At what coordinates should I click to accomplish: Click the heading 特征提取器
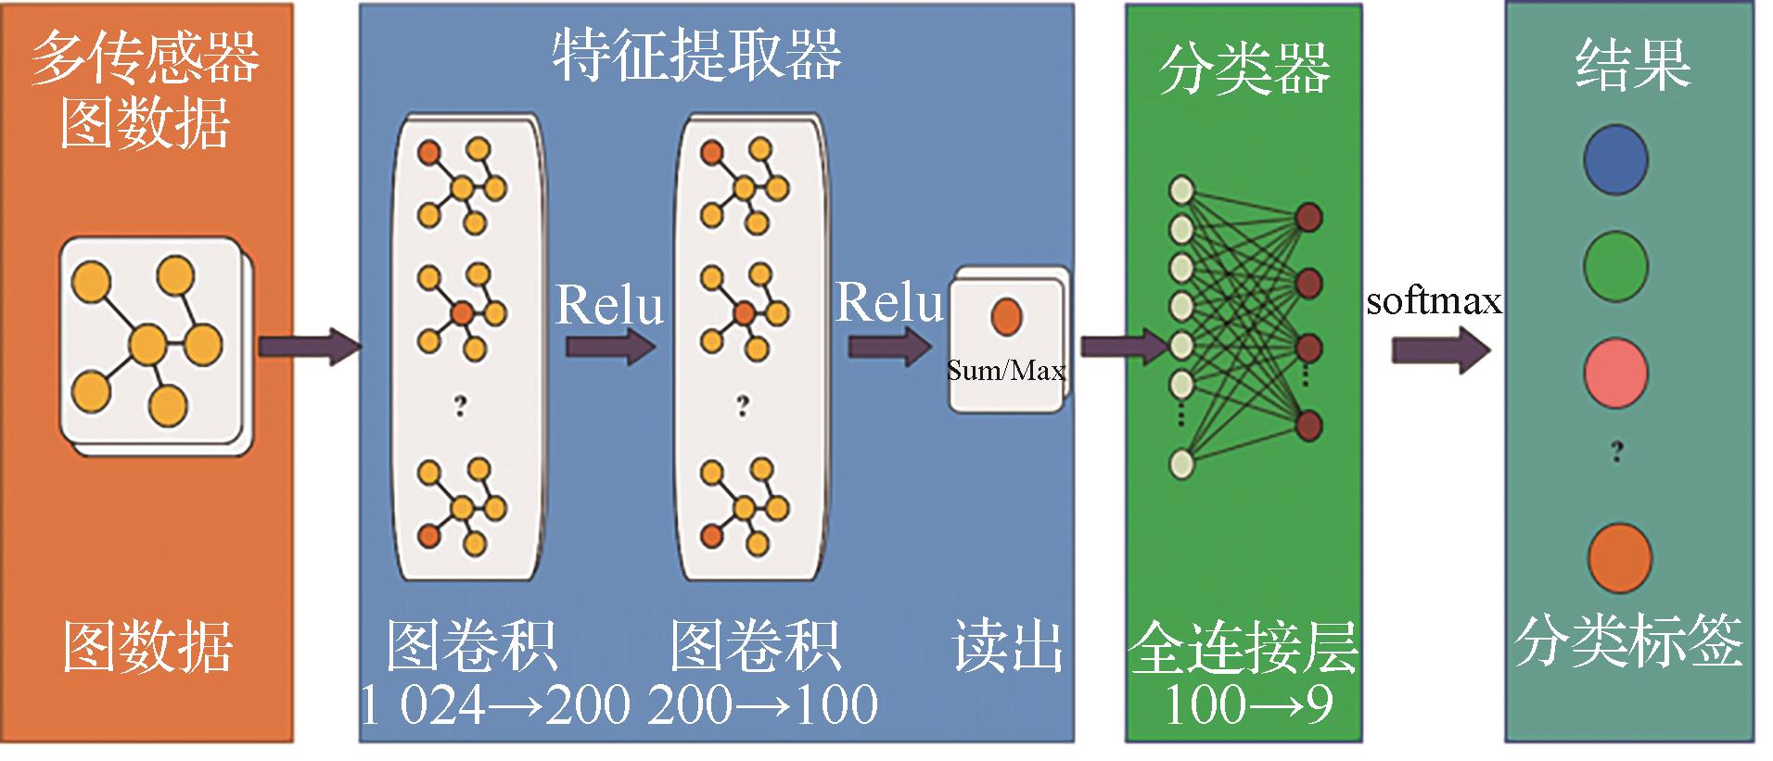coord(696,56)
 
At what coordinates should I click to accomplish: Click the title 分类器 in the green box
coord(1244,69)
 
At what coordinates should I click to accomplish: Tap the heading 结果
coord(1633,64)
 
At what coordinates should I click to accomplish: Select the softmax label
coord(1434,301)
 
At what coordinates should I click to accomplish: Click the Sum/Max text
coord(1006,371)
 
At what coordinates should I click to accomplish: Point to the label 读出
coord(1007,646)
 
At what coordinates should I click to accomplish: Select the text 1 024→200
coord(494,704)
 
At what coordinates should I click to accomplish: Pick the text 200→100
coord(762,704)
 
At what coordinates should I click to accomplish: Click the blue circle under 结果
coord(1615,160)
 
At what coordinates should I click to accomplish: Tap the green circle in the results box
coord(1615,267)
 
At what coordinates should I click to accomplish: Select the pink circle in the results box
coord(1615,374)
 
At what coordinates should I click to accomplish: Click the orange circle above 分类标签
coord(1619,558)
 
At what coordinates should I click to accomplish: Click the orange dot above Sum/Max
coord(1006,315)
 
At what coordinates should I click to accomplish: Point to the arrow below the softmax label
coord(1440,350)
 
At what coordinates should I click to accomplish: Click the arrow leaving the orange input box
coord(309,347)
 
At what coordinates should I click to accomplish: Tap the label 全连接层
coord(1244,646)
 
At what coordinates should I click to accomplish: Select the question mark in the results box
coord(1617,451)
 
